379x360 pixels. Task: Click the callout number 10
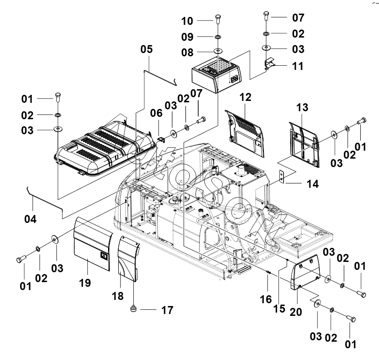click(x=187, y=21)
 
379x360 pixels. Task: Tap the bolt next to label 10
click(x=218, y=19)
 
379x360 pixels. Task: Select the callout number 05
click(x=147, y=49)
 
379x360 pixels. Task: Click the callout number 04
click(x=31, y=219)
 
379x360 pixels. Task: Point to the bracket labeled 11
click(x=270, y=63)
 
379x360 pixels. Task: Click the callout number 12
click(x=245, y=97)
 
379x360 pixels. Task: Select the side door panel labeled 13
click(x=304, y=145)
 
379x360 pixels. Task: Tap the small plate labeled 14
click(x=282, y=176)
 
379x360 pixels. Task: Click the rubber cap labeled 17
click(x=133, y=308)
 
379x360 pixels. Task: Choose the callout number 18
click(x=118, y=296)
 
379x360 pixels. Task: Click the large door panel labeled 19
click(x=93, y=244)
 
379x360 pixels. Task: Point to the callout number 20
click(x=296, y=312)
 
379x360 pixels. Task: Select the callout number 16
click(x=266, y=299)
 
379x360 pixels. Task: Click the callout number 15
click(x=279, y=309)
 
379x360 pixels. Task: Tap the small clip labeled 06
click(x=161, y=139)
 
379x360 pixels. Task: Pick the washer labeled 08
click(x=218, y=51)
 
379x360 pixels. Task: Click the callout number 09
click(x=187, y=37)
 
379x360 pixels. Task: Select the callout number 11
click(x=298, y=66)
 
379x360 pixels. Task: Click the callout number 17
click(x=167, y=310)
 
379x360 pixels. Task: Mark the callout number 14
click(x=313, y=184)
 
